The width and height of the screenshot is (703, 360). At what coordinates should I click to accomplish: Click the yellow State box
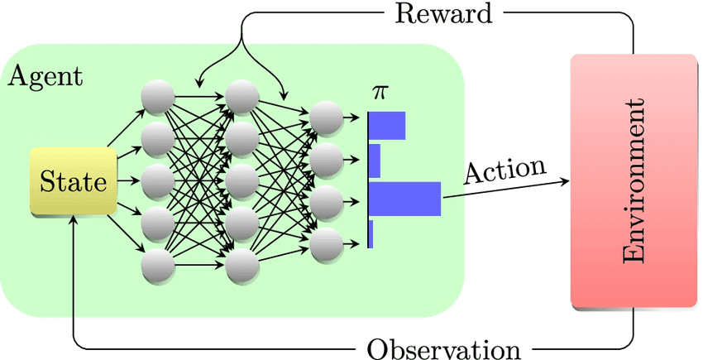tap(74, 180)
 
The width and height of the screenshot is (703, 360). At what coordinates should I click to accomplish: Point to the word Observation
tap(443, 348)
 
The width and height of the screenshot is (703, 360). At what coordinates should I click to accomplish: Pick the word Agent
tap(45, 78)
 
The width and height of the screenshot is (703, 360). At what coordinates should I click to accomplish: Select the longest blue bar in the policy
tap(404, 199)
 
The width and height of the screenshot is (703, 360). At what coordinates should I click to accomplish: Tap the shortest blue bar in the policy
tap(371, 234)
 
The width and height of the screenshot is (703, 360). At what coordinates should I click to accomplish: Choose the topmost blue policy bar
tap(386, 126)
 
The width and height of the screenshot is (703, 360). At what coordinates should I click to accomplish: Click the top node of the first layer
tap(157, 98)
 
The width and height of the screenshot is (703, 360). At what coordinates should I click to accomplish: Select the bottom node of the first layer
tap(157, 266)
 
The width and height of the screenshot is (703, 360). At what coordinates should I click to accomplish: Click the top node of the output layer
tap(327, 118)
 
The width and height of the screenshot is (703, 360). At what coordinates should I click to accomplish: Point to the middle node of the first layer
tap(157, 181)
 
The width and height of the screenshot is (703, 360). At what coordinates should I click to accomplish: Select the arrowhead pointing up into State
tap(74, 222)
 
